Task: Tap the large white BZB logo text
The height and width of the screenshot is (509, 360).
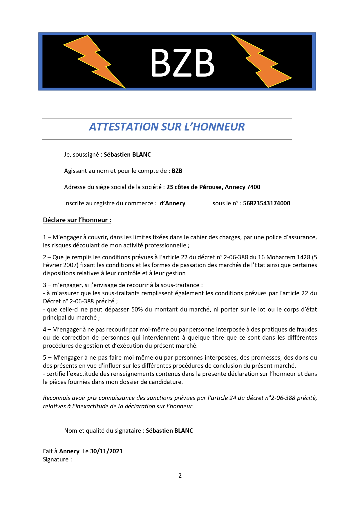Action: (182, 63)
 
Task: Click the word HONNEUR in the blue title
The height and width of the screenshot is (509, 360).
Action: (218, 127)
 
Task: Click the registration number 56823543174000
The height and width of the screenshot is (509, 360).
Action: (267, 203)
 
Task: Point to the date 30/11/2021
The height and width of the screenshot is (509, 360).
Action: (106, 451)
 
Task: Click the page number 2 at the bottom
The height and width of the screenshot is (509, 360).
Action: (180, 476)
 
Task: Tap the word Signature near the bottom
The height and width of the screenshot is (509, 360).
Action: (56, 459)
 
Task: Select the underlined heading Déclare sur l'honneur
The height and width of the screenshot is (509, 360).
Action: (77, 220)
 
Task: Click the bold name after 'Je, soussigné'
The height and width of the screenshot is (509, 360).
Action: (127, 155)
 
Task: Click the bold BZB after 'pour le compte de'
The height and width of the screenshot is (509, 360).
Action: (177, 171)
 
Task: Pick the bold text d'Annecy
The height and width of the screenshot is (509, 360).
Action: (173, 203)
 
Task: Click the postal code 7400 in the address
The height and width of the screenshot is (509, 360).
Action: (254, 187)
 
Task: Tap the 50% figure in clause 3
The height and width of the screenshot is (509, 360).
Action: (137, 309)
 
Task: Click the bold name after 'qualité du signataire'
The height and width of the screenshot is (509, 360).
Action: (169, 431)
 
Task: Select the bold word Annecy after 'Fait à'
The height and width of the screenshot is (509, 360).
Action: (69, 451)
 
